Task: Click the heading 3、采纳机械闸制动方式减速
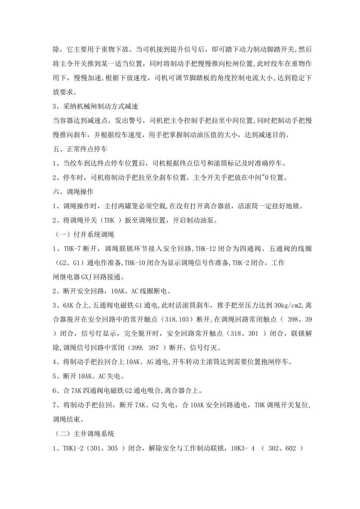98,107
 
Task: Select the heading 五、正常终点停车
80,149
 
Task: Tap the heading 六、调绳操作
73,192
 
